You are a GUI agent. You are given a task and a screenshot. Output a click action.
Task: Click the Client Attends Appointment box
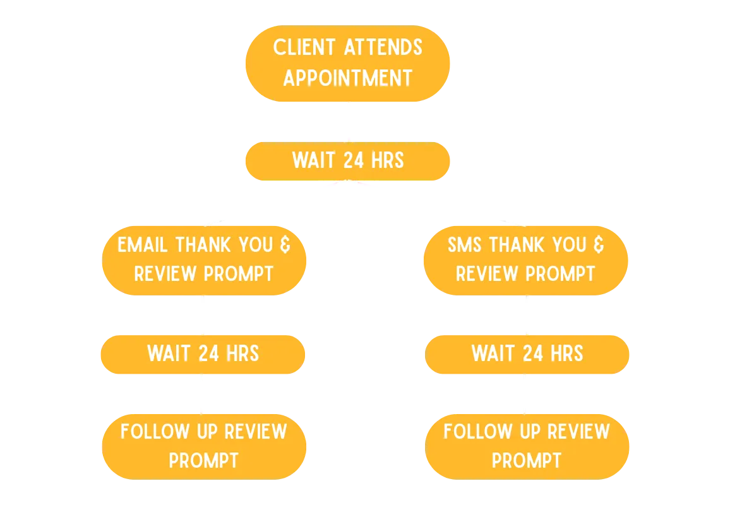[347, 63]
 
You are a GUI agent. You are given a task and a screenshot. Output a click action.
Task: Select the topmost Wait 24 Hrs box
[347, 160]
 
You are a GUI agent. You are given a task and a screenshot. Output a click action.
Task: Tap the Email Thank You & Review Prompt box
[204, 259]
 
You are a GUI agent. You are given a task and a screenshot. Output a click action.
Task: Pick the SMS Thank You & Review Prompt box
[526, 259]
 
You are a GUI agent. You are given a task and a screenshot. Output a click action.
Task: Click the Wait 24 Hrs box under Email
[203, 353]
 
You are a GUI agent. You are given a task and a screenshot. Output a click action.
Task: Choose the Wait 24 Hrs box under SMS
[527, 353]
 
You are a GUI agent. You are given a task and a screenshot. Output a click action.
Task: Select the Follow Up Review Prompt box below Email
[204, 446]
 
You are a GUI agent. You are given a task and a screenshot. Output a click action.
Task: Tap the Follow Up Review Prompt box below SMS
[527, 446]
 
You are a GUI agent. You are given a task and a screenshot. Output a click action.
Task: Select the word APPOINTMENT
[347, 78]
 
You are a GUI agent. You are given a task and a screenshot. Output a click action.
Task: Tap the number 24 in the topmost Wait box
[353, 160]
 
